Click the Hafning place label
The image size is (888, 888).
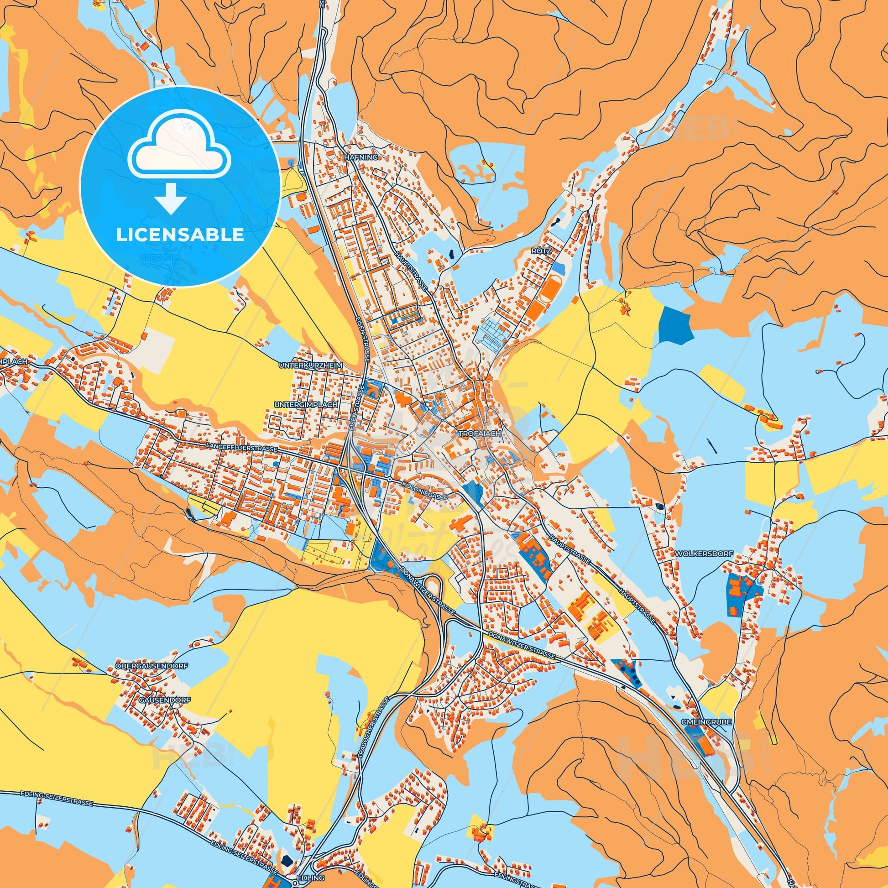(360, 157)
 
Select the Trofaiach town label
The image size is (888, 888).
(479, 433)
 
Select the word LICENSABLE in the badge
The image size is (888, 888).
(180, 235)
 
